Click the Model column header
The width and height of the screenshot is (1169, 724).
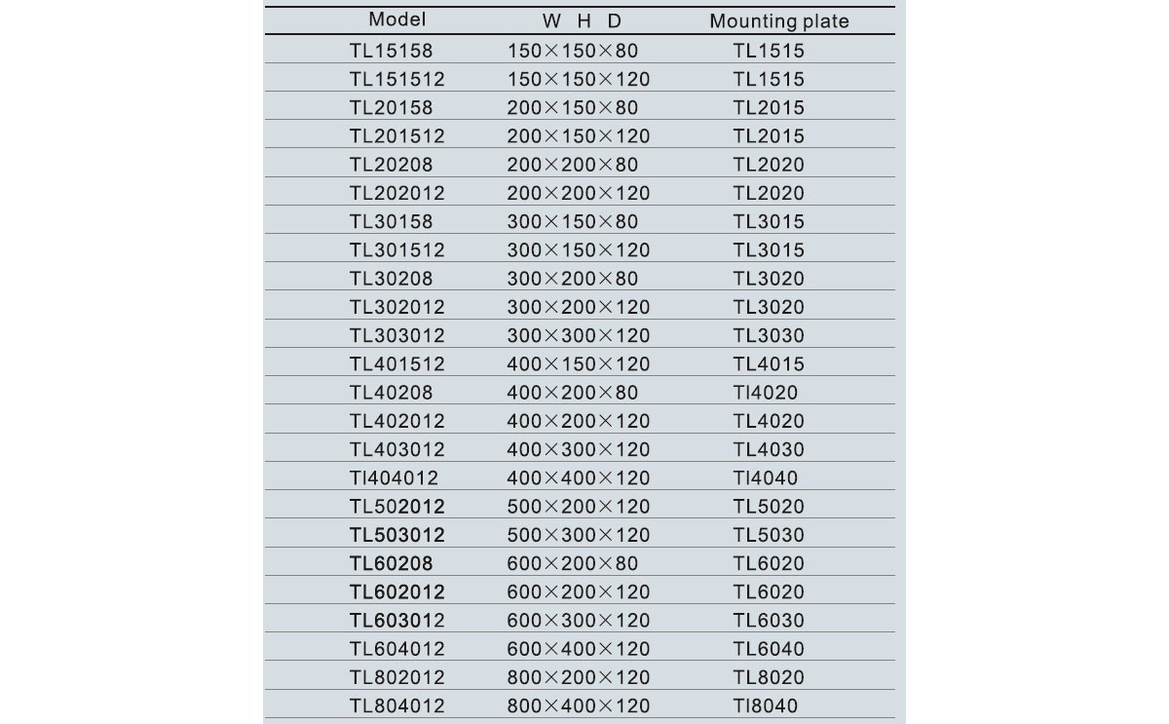tap(397, 19)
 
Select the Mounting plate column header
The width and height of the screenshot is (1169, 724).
tap(778, 21)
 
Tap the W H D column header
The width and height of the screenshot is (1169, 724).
tap(582, 21)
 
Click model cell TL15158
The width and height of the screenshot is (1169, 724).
tap(391, 51)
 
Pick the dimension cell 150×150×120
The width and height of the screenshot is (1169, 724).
tap(578, 79)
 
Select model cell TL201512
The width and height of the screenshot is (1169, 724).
tap(396, 136)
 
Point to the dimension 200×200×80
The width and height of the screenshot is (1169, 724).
tap(572, 165)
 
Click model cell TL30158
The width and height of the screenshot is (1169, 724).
tap(391, 221)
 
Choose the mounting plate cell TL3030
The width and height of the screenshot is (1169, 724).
tap(769, 335)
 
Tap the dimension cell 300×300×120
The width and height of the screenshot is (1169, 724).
tap(578, 335)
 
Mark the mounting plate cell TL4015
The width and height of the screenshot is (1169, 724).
tap(769, 363)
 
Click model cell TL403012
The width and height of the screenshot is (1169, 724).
tap(396, 449)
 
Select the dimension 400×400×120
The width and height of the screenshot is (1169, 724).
tap(578, 477)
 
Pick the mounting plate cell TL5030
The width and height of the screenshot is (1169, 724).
tap(769, 535)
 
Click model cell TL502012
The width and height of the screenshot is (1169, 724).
tap(396, 507)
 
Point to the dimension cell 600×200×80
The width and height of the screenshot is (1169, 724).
tap(572, 563)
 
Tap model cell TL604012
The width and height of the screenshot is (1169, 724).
tap(396, 649)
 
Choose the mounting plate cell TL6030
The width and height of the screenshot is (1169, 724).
tap(769, 621)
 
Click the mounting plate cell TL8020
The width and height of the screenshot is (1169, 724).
tap(769, 677)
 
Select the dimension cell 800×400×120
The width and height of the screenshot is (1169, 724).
tap(578, 705)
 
